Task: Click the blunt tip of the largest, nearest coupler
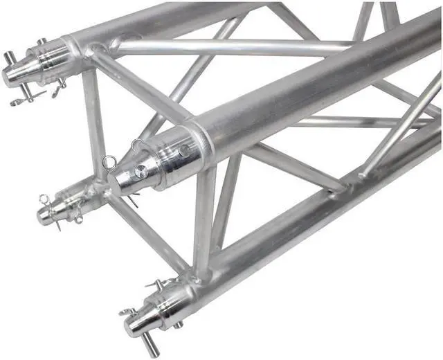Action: [x=118, y=181]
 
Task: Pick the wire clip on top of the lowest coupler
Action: [x=156, y=285]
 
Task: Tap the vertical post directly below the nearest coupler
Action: [x=205, y=222]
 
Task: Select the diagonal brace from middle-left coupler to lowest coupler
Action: [x=145, y=235]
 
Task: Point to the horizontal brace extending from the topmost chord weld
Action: [x=228, y=48]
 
